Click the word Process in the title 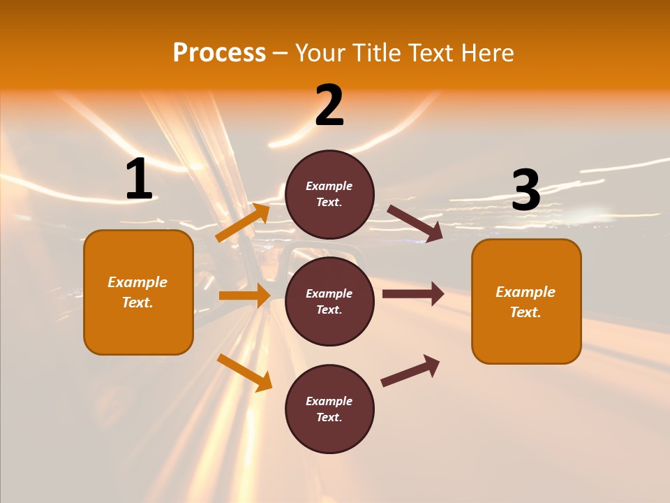tap(219, 53)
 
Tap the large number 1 tap(139, 180)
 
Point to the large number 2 tap(329, 105)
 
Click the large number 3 tap(526, 190)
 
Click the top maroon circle tap(329, 194)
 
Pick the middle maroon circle tap(329, 302)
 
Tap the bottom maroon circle tap(329, 409)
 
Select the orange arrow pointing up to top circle tap(243, 223)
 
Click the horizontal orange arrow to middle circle tap(244, 296)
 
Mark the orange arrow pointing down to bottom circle tap(244, 372)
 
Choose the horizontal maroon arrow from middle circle tap(413, 294)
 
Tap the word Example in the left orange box tap(137, 282)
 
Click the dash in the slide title tap(281, 53)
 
